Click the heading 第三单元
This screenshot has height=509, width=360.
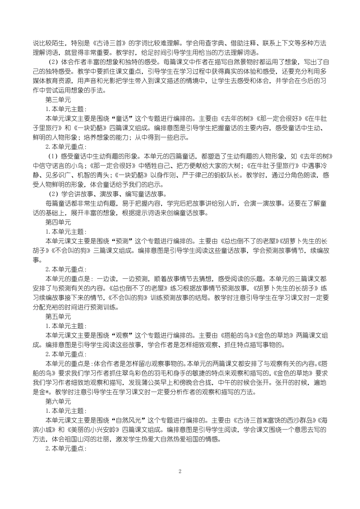coord(58,100)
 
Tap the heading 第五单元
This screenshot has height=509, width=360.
coord(58,316)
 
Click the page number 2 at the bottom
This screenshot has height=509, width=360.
coord(180,472)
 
